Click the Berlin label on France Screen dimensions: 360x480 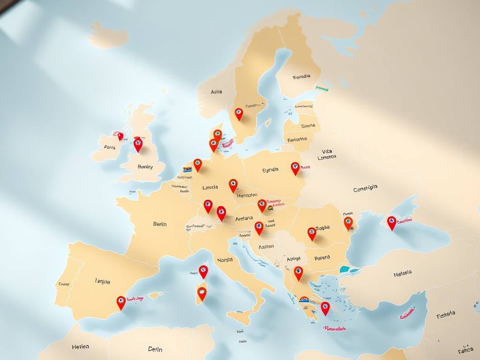point(160,224)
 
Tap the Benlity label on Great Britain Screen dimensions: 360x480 point(145,166)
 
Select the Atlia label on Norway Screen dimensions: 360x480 point(217,92)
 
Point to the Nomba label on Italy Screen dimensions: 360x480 point(225,260)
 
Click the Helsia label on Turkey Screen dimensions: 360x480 point(403,273)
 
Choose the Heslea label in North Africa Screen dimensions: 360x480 point(81,347)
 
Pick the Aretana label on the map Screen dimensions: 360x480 point(244,218)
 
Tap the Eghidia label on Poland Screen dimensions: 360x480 point(270,170)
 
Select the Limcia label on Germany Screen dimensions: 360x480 point(210,187)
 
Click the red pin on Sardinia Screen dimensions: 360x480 point(202,293)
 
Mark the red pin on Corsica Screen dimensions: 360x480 point(203,271)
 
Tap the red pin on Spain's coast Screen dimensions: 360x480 point(121,302)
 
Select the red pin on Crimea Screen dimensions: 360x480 point(391,222)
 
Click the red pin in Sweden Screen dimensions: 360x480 point(239,113)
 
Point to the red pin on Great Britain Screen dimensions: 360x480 point(138,144)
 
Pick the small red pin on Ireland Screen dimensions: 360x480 point(120,136)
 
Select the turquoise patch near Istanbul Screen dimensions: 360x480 point(345,270)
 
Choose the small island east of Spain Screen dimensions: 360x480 point(156,295)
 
